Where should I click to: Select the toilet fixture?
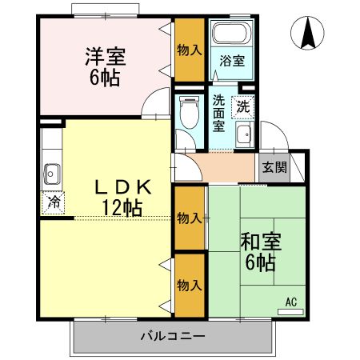click(188, 111)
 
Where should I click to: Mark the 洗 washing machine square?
click(241, 105)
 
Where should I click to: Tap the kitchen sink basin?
click(54, 171)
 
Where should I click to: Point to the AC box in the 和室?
click(290, 302)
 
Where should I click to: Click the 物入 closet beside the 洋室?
click(190, 50)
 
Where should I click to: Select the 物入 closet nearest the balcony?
click(189, 285)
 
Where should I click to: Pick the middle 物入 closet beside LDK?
click(189, 218)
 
